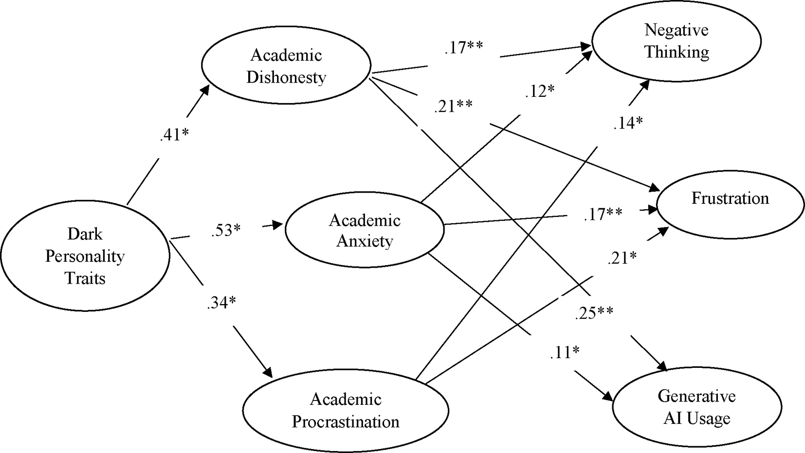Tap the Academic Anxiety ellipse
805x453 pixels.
[x=365, y=231]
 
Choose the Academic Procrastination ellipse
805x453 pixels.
[x=346, y=411]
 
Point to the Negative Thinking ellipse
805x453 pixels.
[x=677, y=41]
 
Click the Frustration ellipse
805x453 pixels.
[x=730, y=199]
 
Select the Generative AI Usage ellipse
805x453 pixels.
[x=696, y=407]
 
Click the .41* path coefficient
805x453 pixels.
[x=174, y=135]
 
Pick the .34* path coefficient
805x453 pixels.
[x=221, y=303]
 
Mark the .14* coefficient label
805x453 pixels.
[x=628, y=124]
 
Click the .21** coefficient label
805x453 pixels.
[x=453, y=106]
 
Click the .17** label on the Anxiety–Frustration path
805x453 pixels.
[x=603, y=214]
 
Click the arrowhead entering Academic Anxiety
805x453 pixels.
[x=279, y=225]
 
